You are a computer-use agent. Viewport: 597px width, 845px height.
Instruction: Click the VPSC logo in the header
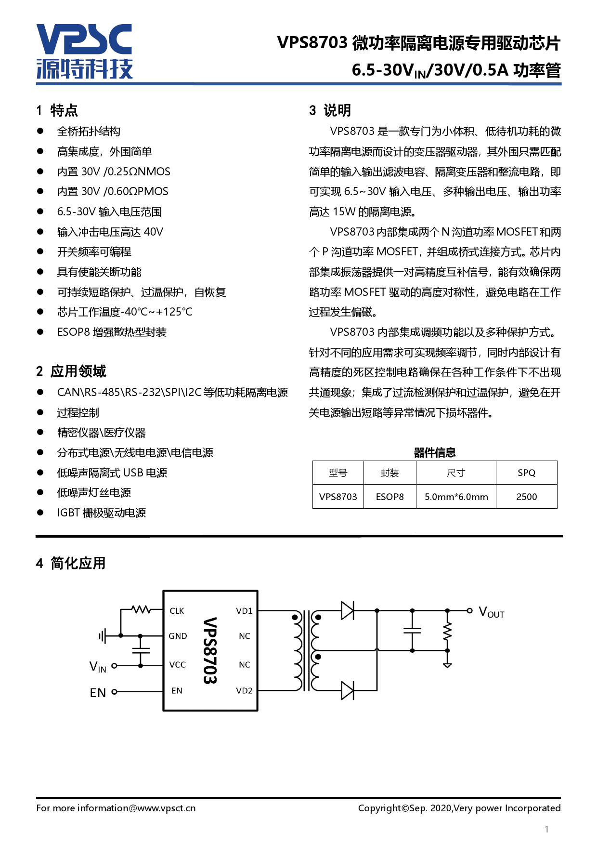coord(84,51)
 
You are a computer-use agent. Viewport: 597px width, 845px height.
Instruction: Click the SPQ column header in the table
coord(526,473)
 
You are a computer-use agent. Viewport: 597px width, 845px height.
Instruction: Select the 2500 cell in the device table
coord(526,497)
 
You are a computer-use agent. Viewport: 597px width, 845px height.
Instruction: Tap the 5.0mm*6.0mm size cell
coord(456,497)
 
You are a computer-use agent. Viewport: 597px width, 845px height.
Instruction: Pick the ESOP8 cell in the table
coord(389,497)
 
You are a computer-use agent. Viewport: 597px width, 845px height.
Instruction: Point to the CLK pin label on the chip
coord(177,611)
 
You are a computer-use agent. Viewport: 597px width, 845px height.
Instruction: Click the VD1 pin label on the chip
coord(244,611)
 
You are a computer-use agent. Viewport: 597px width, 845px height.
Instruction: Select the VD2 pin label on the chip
coord(244,690)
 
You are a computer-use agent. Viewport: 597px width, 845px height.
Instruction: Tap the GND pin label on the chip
coord(178,636)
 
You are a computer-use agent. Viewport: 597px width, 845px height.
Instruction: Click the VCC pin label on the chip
coord(177,665)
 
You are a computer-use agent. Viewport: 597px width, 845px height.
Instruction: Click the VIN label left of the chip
coord(98,667)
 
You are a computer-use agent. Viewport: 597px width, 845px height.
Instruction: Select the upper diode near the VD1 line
coord(347,610)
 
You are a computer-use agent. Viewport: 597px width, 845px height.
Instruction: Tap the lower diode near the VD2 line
coord(347,690)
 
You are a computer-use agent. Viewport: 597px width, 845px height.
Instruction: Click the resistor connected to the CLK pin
coord(141,609)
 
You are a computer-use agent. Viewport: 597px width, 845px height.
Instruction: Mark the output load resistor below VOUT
coord(447,631)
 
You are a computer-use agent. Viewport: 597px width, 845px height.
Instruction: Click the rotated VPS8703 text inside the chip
coord(210,650)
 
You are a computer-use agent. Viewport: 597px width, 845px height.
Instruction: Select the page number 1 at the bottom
coord(546,829)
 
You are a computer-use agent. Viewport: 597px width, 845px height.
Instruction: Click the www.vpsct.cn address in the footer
coord(167,808)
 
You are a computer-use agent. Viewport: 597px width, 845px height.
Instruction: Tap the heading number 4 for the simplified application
coord(39,563)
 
